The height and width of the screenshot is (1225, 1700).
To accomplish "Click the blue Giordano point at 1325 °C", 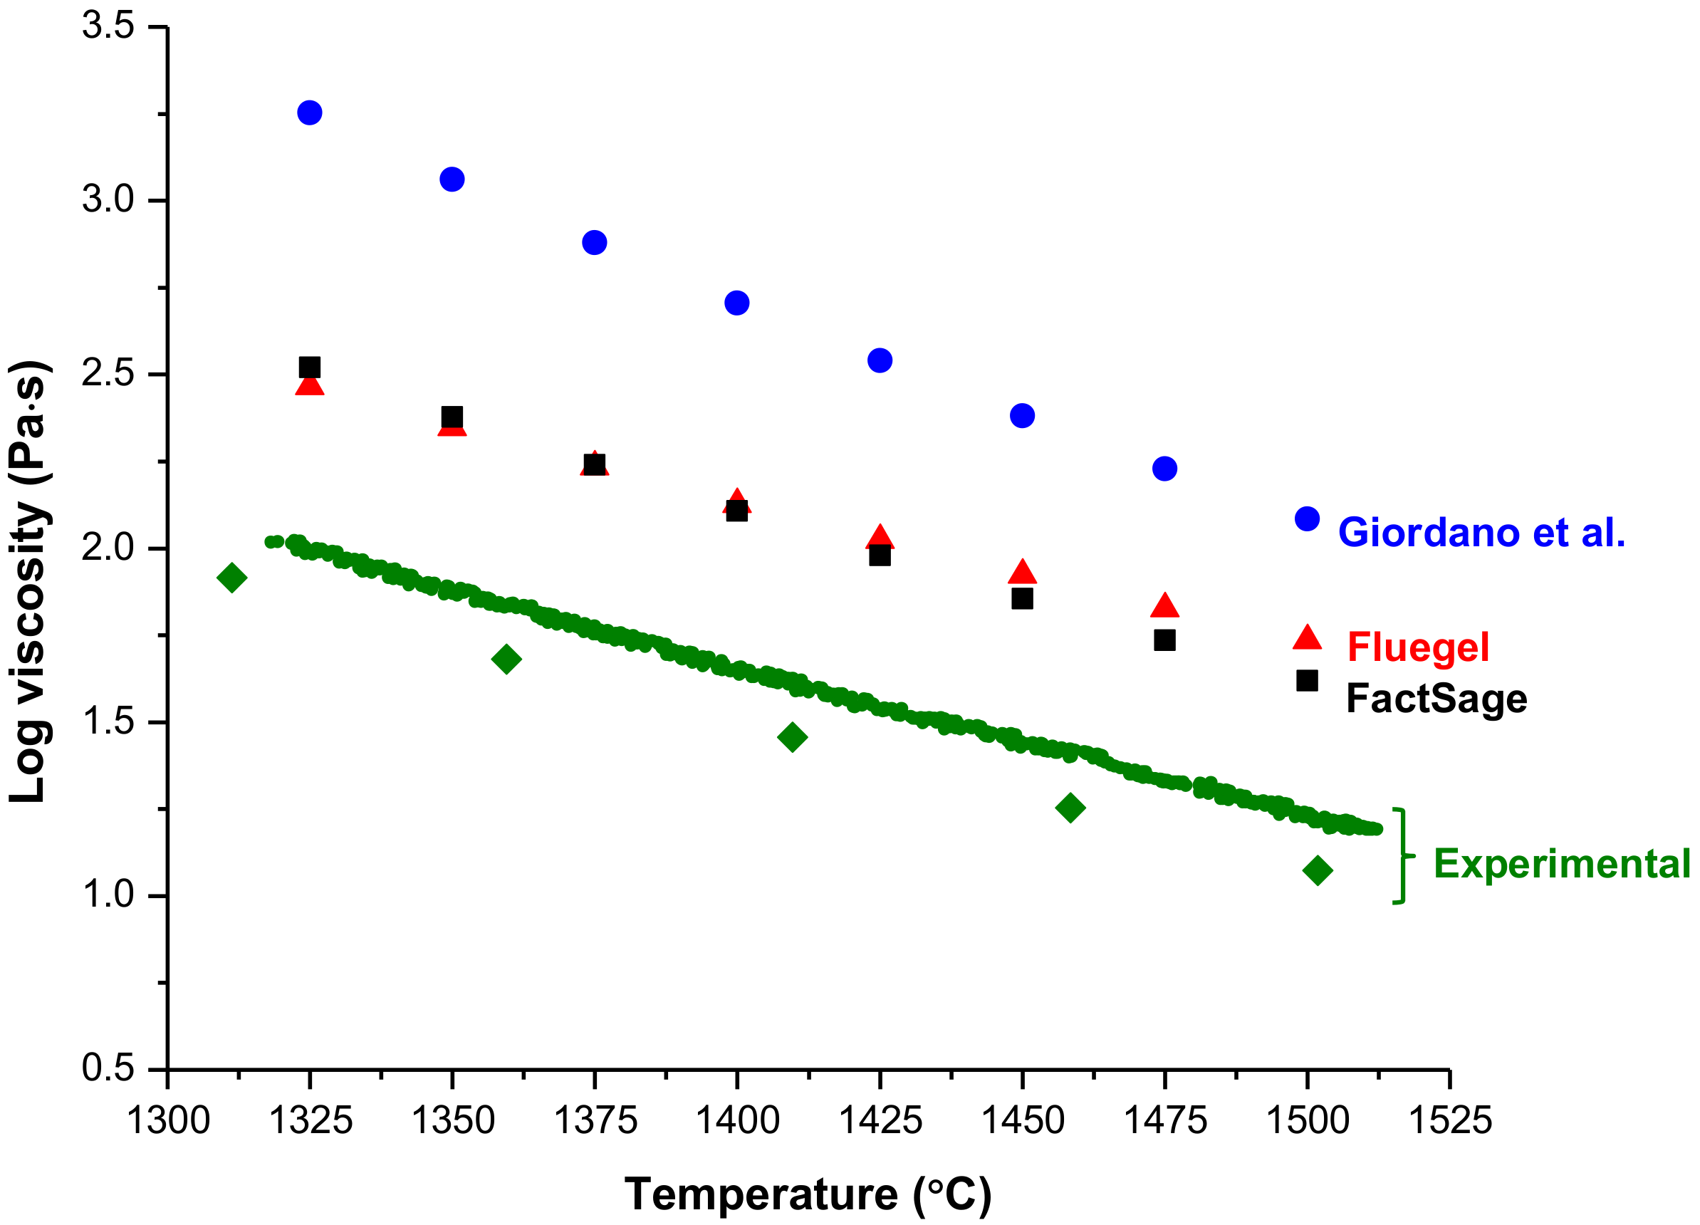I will click(x=310, y=113).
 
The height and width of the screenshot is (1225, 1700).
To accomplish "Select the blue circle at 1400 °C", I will click(x=737, y=303).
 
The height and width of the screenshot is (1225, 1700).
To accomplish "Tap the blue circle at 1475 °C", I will click(x=1164, y=469).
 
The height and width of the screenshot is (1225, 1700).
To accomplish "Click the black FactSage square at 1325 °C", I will click(x=310, y=367).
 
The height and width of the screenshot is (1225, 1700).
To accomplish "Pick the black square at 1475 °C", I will click(x=1164, y=640).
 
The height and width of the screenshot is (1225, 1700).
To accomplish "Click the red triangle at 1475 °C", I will click(x=1164, y=607).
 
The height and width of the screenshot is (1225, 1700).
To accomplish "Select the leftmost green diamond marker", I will click(x=231, y=578).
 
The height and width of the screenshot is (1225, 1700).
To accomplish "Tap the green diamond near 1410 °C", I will click(x=792, y=737).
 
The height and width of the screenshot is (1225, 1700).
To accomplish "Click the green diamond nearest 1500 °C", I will click(x=1318, y=870).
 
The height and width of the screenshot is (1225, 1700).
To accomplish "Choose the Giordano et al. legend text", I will click(x=1481, y=533).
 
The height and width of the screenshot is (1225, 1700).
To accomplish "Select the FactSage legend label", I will click(x=1436, y=699).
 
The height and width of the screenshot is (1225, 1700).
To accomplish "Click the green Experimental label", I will click(x=1562, y=864).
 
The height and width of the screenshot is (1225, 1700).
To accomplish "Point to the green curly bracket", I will click(x=1400, y=855).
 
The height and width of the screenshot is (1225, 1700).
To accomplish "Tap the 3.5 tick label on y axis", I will click(x=108, y=26).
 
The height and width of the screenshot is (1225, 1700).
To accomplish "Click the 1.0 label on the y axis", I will click(x=108, y=895).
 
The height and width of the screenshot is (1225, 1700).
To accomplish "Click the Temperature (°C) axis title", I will click(x=808, y=1194).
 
